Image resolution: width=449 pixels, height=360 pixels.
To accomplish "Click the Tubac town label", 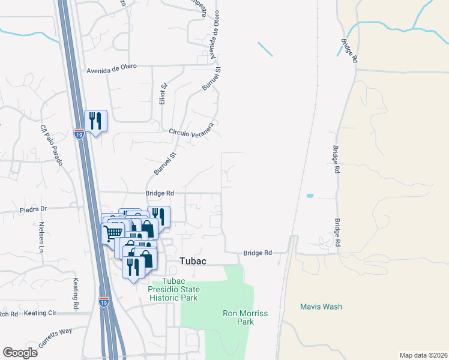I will [193, 260].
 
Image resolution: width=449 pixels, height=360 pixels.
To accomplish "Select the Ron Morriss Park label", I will [245, 317].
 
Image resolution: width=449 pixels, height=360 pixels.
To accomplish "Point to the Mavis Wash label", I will [321, 307].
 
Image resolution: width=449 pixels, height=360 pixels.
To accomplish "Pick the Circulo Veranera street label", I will [191, 132].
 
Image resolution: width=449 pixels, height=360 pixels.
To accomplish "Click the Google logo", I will [20, 352].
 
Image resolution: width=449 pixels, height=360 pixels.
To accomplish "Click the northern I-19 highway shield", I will [79, 134].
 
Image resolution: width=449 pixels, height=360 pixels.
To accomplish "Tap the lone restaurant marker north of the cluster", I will [95, 121].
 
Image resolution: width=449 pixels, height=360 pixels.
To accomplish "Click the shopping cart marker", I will [113, 233].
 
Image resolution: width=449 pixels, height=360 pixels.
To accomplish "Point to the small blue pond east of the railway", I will [310, 196].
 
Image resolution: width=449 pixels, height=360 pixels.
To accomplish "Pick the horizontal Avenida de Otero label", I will [112, 66].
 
